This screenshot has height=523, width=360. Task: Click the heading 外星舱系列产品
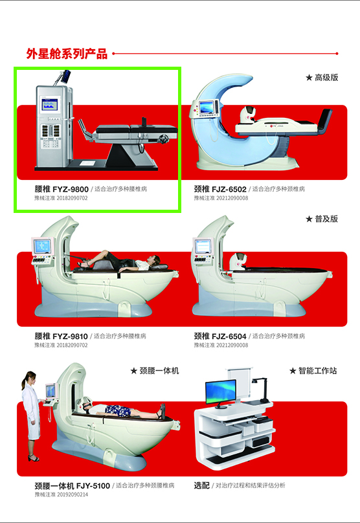click(x=67, y=54)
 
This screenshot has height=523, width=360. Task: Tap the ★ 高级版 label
click(x=322, y=78)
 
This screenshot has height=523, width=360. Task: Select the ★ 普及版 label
click(x=322, y=219)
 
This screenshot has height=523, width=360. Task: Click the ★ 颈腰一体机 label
click(x=154, y=371)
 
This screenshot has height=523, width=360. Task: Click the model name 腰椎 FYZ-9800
click(x=61, y=189)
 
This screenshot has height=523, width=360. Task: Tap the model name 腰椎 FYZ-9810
click(x=61, y=337)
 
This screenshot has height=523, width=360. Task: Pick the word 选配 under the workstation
click(x=201, y=485)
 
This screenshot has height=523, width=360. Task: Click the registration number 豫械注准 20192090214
click(x=62, y=495)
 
